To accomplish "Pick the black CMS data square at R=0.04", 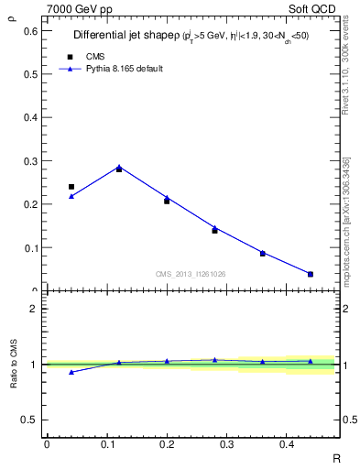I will point(71,187).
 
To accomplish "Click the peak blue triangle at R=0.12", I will point(119,167).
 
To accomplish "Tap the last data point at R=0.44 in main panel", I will point(311,274).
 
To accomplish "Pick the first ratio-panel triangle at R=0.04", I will point(71,372).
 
